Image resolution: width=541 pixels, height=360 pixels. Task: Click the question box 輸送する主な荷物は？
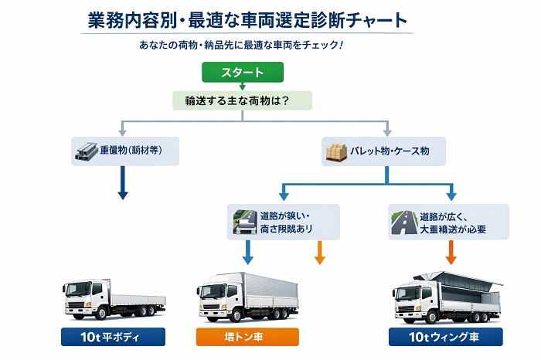(x=242, y=100)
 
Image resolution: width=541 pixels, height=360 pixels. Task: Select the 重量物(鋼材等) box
(x=126, y=151)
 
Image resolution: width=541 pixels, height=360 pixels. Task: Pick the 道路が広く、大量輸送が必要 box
(x=447, y=221)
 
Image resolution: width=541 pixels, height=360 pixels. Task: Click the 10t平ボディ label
(x=114, y=338)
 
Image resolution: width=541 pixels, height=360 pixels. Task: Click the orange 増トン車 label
(x=247, y=338)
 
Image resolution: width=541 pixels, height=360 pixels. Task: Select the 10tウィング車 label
(x=447, y=338)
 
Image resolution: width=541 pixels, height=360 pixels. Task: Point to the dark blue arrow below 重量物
(x=122, y=185)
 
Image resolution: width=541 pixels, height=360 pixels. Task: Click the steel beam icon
(x=82, y=151)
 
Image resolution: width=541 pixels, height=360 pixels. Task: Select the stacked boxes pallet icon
(x=335, y=151)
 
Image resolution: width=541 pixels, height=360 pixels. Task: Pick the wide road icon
(x=402, y=221)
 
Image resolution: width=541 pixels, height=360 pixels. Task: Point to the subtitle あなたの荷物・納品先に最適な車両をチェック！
(x=241, y=45)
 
